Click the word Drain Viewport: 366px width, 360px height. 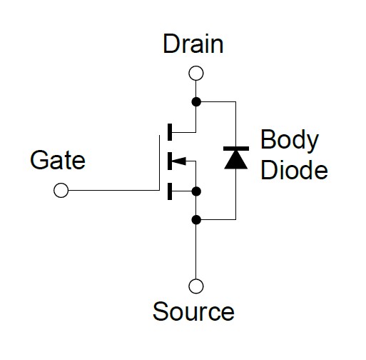click(x=193, y=44)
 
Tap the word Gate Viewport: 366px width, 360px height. click(x=58, y=160)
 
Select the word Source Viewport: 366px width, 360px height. click(x=193, y=311)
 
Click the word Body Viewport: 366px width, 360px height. click(x=290, y=141)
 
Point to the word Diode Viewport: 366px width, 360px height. click(x=294, y=169)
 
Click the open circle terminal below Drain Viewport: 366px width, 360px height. click(x=196, y=73)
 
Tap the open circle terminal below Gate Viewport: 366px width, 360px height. click(x=61, y=190)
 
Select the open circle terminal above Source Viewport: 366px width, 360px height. click(x=196, y=286)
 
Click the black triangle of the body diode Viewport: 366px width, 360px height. click(x=236, y=160)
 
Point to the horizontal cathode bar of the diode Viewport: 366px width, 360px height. click(x=236, y=149)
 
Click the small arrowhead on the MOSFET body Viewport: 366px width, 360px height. click(x=178, y=161)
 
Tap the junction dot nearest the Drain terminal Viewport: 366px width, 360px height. click(x=196, y=102)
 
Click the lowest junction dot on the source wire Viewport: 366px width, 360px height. click(x=196, y=219)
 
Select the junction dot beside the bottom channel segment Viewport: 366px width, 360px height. click(x=196, y=191)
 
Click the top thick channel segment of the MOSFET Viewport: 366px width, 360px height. click(x=170, y=132)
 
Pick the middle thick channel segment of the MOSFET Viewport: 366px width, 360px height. click(x=170, y=161)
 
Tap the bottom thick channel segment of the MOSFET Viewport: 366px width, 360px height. click(x=170, y=191)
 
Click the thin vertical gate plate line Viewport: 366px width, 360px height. click(x=159, y=163)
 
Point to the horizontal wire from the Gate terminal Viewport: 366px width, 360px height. click(x=114, y=190)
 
